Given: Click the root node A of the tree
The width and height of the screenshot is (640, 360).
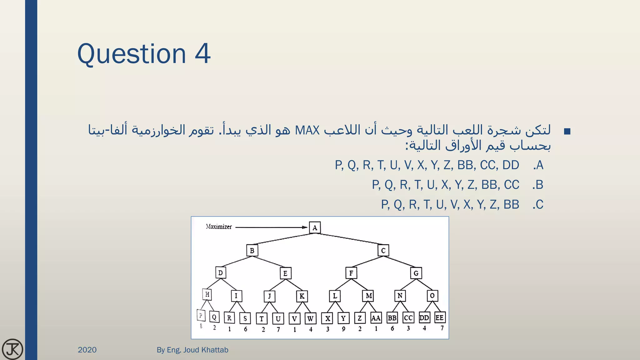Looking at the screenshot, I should pyautogui.click(x=315, y=228).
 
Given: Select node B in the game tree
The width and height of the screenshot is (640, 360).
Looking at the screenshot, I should pyautogui.click(x=252, y=251).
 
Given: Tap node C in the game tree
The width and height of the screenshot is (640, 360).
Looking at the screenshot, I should pyautogui.click(x=383, y=251).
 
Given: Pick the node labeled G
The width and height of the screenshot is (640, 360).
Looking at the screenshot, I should pyautogui.click(x=416, y=273).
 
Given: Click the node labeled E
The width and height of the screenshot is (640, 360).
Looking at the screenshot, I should pyautogui.click(x=285, y=273).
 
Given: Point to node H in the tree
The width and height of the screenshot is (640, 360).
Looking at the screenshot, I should pyautogui.click(x=207, y=294).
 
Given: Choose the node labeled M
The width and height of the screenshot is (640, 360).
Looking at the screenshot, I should pyautogui.click(x=369, y=296).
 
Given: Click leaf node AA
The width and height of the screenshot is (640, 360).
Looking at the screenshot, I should pyautogui.click(x=376, y=318).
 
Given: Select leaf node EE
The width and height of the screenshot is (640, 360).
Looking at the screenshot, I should pyautogui.click(x=439, y=318).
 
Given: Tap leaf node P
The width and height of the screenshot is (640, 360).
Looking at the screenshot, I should pyautogui.click(x=201, y=315).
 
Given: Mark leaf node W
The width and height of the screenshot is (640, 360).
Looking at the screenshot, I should pyautogui.click(x=310, y=319).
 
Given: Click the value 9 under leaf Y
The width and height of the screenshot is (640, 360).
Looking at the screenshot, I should pyautogui.click(x=343, y=329).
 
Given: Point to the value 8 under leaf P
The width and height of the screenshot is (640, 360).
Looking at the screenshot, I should pyautogui.click(x=201, y=326).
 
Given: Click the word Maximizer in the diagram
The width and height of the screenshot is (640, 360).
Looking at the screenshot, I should pyautogui.click(x=219, y=227).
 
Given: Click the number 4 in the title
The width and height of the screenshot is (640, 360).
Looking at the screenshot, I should pyautogui.click(x=202, y=54).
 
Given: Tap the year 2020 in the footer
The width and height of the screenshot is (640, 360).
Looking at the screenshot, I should pyautogui.click(x=87, y=350).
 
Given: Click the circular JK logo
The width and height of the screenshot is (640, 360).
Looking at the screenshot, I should pyautogui.click(x=12, y=349).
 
